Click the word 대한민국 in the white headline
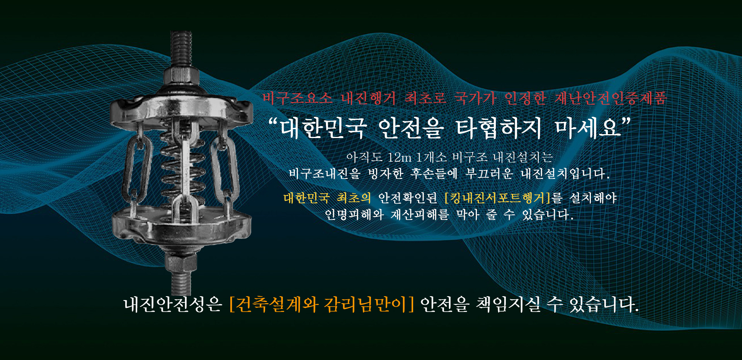coord(323,128)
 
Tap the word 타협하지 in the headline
coord(499,128)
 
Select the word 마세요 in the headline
coord(588,128)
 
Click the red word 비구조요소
coord(298,98)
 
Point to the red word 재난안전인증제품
coord(611,98)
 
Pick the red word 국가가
coord(475,98)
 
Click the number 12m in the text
coord(400,157)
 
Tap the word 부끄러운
coord(489,173)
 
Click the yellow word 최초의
coord(354,198)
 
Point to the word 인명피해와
coord(354,214)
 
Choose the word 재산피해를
coord(420,214)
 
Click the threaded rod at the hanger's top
coord(181,49)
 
